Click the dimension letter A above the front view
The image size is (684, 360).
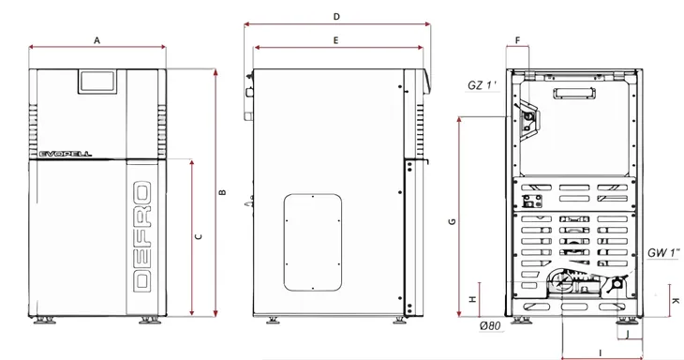point(97,40)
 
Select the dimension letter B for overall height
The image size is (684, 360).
point(222,192)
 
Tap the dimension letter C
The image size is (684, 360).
point(199,236)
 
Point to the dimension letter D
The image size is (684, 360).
point(336,17)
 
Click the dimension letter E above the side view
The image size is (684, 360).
point(335,40)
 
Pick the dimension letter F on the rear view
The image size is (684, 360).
point(518,40)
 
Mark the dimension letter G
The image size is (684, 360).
point(452,221)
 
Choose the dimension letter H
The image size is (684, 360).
point(472,299)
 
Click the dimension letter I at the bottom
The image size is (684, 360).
point(601,352)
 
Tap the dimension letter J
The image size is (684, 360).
point(627,335)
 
